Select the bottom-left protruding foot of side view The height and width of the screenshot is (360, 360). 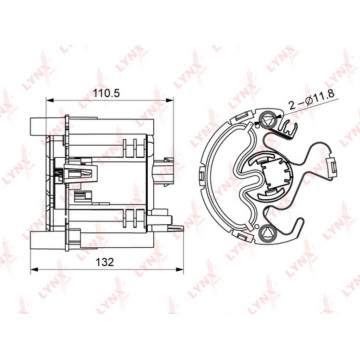(x=40, y=238)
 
